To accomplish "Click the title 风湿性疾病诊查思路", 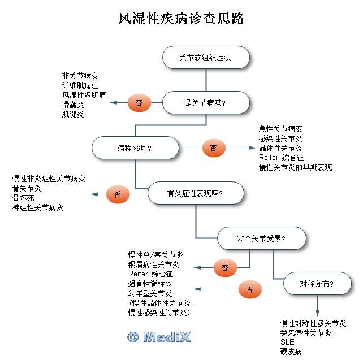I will coord(181,19).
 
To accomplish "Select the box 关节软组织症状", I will coord(206,58).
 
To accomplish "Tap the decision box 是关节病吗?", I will coord(206,103).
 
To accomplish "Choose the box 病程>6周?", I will coord(135,148).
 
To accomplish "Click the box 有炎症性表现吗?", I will coord(196,193).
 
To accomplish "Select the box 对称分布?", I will coord(317,284).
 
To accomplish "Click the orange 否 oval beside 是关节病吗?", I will coord(139,103).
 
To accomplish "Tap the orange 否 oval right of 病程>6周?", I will coord(214,148).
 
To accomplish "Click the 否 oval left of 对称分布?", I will coord(249,289).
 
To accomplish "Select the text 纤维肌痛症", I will coord(80,85).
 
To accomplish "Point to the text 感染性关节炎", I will coord(281,138).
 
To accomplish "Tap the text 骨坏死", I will coord(24,198).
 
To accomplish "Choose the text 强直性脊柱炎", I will coord(150,284).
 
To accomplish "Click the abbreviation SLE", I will coord(287,342).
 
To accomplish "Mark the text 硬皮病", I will coord(291,352).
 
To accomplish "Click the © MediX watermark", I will coord(159,337).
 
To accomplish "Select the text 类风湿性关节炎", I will coord(306,333).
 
